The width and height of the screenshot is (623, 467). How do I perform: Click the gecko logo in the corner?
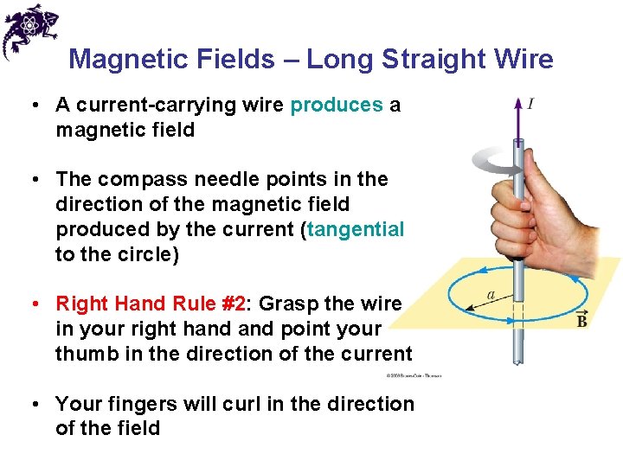click(x=29, y=29)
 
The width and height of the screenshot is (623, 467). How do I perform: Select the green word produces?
click(x=337, y=106)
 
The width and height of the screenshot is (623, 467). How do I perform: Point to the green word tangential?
click(x=356, y=229)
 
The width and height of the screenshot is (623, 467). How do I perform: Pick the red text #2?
click(x=229, y=304)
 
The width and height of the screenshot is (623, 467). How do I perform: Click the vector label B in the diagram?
click(x=581, y=320)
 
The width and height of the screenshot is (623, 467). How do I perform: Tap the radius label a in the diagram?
click(x=491, y=295)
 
